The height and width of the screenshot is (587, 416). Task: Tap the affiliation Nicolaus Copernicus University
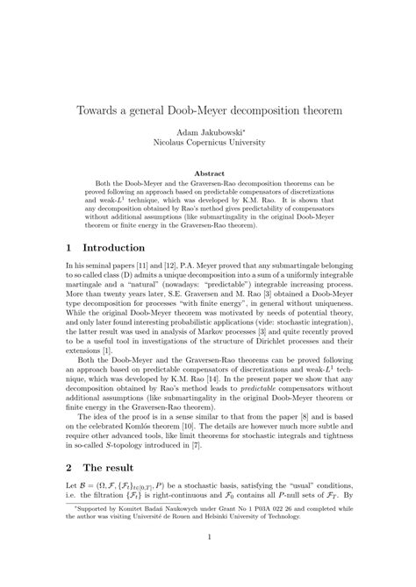click(x=208, y=142)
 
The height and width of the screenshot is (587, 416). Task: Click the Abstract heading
click(x=208, y=173)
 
